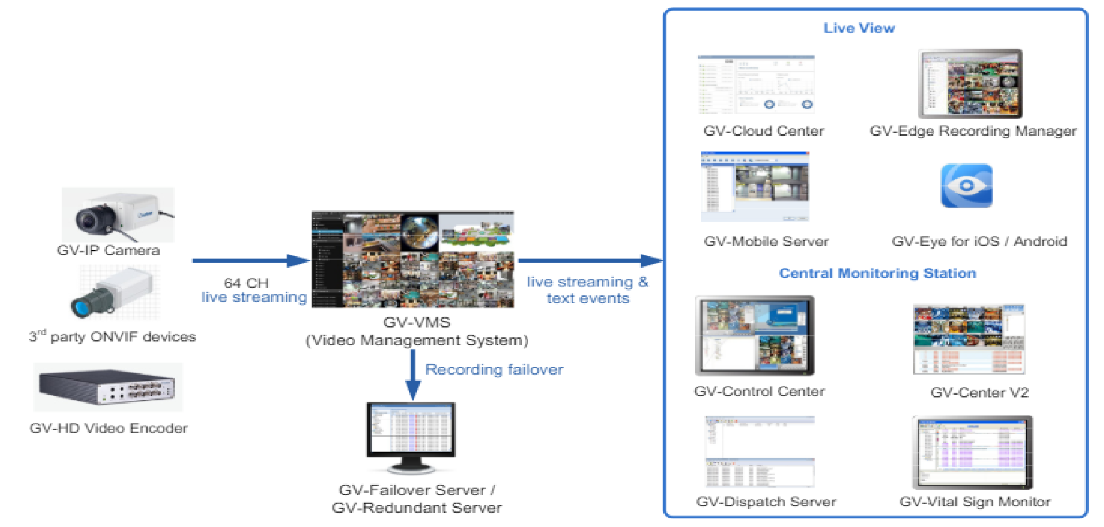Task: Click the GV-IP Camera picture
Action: click(118, 215)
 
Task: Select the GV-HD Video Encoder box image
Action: click(108, 387)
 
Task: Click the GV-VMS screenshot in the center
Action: click(413, 259)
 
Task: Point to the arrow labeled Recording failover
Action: click(413, 375)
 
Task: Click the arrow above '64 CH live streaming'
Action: click(251, 261)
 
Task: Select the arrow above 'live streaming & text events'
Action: click(590, 261)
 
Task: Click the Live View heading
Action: click(859, 28)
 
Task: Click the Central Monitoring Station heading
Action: click(877, 273)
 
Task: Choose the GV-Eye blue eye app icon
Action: click(967, 186)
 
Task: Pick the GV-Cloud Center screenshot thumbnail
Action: click(756, 84)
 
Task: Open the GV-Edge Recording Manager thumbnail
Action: click(970, 84)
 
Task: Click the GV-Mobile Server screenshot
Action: click(755, 187)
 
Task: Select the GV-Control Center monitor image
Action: click(754, 336)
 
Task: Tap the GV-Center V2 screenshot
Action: click(969, 339)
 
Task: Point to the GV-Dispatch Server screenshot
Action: click(760, 452)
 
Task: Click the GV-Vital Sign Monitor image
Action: click(972, 452)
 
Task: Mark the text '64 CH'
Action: click(246, 283)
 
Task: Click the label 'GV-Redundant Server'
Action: click(416, 508)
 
